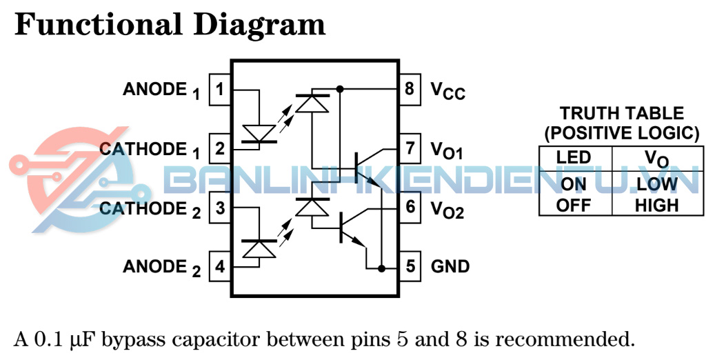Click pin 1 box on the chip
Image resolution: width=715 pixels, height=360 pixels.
[x=220, y=90]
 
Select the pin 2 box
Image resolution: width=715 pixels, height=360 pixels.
[x=220, y=149]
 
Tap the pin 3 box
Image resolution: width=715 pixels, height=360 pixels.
[x=220, y=208]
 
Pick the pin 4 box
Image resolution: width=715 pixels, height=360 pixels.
[x=220, y=266]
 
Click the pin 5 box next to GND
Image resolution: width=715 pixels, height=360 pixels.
[x=410, y=266]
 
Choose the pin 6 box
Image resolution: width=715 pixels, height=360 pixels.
[x=410, y=207]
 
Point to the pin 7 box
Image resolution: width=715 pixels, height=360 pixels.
[x=410, y=148]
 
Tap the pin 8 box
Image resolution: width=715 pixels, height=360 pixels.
[x=410, y=89]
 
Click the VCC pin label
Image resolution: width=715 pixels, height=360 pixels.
[x=448, y=90]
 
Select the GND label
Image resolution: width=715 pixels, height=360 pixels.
[x=450, y=266]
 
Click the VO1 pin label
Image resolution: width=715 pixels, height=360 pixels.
[x=447, y=150]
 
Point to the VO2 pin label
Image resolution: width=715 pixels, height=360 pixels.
[x=447, y=208]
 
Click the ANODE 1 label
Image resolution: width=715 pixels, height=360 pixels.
[x=161, y=90]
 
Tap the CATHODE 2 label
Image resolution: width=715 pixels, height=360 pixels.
[x=150, y=209]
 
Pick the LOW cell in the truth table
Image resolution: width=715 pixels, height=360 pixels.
[x=656, y=185]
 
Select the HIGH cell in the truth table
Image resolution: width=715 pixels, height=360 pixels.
[x=656, y=205]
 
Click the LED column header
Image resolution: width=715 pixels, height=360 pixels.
[x=574, y=157]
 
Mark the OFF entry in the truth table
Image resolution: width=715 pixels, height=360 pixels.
[x=574, y=205]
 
